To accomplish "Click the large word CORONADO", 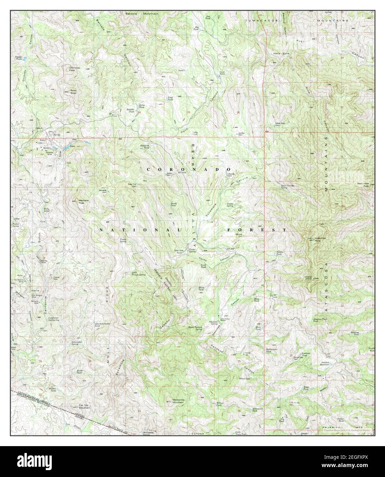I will point(189,170).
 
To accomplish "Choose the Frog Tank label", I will point(169,98).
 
